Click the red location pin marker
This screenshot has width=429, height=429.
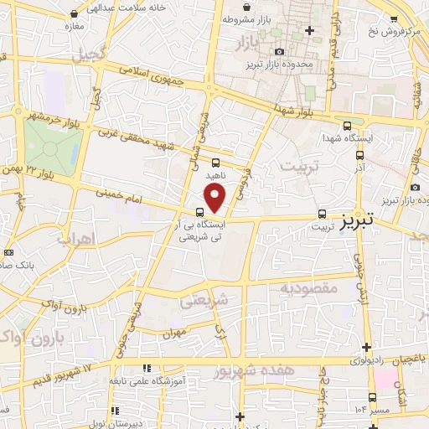pyautogui.click(x=216, y=199)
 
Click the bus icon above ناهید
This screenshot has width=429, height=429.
pyautogui.click(x=216, y=163)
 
